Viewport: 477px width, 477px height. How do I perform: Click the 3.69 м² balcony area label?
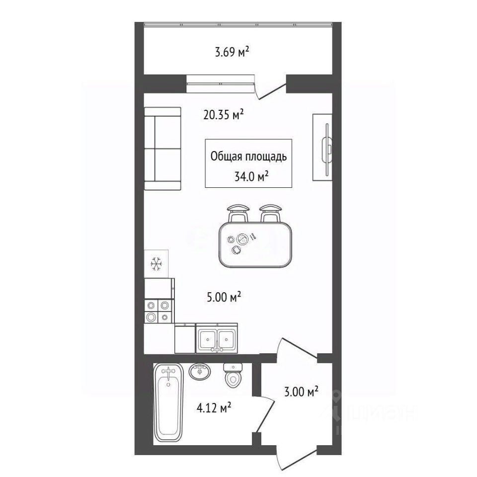(x=232, y=52)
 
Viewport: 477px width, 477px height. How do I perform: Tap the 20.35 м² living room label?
(x=223, y=115)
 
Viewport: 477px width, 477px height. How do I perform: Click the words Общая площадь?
(x=248, y=157)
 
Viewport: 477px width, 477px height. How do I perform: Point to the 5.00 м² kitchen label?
(x=224, y=297)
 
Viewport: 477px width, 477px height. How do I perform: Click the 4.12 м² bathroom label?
(x=214, y=407)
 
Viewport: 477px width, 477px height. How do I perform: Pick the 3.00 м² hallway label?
(x=301, y=392)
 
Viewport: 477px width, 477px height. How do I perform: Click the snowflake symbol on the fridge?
(x=156, y=264)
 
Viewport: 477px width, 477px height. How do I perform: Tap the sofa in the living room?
(x=162, y=149)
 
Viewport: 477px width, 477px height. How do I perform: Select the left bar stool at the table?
(x=238, y=213)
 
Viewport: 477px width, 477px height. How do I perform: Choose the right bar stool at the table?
(x=270, y=213)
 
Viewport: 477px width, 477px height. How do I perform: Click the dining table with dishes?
(x=255, y=245)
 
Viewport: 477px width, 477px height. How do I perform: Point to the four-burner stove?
(x=159, y=311)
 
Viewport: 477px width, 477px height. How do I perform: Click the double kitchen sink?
(x=216, y=338)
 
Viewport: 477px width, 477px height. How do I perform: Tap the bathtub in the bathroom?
(x=168, y=402)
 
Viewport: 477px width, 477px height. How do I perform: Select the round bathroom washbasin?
(x=200, y=372)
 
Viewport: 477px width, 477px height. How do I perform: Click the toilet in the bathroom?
(x=233, y=376)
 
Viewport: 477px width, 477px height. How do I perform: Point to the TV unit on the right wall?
(x=322, y=147)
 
